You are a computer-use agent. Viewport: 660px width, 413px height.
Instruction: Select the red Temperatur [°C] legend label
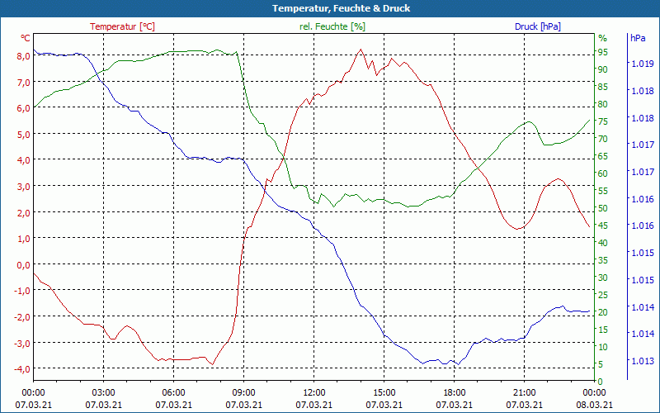(x=122, y=26)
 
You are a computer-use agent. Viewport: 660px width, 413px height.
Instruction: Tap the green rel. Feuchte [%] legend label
(x=332, y=26)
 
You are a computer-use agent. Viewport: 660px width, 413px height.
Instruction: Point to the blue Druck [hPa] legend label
(x=537, y=26)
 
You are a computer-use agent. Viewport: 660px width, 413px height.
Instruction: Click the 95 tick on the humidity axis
(x=603, y=52)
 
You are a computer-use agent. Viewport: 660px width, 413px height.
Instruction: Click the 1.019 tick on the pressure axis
(x=642, y=64)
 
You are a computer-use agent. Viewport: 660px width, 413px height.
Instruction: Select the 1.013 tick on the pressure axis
(x=642, y=361)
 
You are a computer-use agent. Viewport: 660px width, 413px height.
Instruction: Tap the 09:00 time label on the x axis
(x=243, y=392)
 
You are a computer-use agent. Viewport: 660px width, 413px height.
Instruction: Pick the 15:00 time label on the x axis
(x=384, y=392)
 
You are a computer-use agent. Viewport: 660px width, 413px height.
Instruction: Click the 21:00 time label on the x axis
(x=524, y=392)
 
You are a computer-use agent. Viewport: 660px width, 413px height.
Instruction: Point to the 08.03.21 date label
(x=594, y=404)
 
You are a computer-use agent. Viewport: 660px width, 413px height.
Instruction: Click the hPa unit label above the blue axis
(x=638, y=38)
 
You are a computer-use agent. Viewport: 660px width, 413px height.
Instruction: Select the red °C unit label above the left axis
(x=26, y=38)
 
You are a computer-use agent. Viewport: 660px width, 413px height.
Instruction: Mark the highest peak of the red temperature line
(x=361, y=50)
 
